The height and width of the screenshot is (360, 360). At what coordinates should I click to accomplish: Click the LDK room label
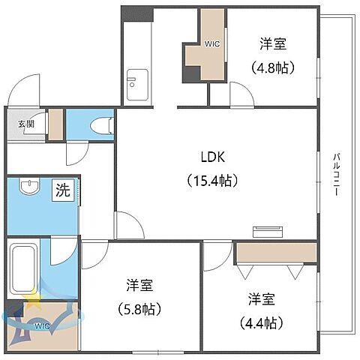pos(212,157)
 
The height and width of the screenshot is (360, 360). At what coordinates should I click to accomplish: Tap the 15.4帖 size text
pos(212,180)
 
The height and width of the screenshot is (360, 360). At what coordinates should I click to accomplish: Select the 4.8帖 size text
pos(272,67)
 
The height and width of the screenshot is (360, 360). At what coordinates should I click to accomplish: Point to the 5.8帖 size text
pos(140,307)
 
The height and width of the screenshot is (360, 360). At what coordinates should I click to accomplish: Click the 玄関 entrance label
pos(25,124)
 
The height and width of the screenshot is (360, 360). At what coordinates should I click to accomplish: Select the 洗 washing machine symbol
pos(63,190)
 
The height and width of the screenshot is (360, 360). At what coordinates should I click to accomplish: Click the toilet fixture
pos(97,126)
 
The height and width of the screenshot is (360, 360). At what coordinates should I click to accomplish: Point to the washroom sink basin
pos(29,187)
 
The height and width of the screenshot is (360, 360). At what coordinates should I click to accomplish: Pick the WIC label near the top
pos(212,43)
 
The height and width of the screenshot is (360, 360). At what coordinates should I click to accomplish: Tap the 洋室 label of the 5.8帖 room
pos(140,285)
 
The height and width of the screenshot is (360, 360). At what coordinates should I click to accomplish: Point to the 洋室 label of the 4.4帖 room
pos(262,300)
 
